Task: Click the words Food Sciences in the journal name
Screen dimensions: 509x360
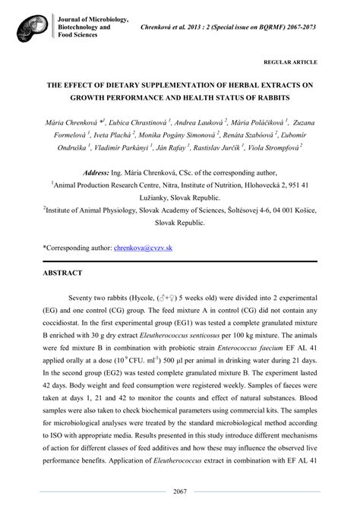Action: point(75,34)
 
